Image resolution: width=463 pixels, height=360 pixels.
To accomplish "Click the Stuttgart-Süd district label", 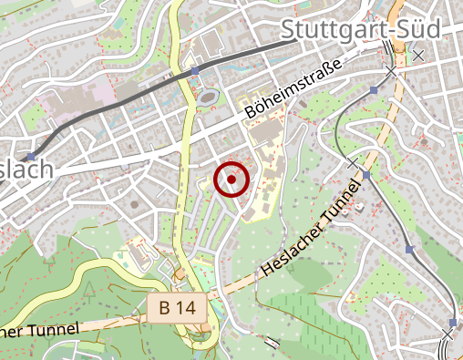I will [x=361, y=29].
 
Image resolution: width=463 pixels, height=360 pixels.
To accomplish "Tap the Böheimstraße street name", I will [x=293, y=90].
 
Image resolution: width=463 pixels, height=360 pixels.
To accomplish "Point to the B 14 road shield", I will [x=177, y=308].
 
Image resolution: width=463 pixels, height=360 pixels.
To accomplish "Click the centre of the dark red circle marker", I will [x=231, y=180].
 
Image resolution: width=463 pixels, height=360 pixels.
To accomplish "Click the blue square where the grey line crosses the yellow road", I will [x=194, y=70].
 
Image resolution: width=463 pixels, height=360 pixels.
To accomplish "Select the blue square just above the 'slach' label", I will [x=31, y=157].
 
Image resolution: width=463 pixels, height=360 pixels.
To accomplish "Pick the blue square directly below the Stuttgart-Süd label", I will [x=374, y=90].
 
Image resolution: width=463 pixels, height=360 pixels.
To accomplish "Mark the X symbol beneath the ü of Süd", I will [x=418, y=56].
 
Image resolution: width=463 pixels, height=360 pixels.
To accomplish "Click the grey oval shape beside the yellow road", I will [x=209, y=97].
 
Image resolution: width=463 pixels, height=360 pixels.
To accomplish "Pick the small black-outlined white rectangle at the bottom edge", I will [x=272, y=344].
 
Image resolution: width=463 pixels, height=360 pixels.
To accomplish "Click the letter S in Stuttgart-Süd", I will [x=290, y=29].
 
